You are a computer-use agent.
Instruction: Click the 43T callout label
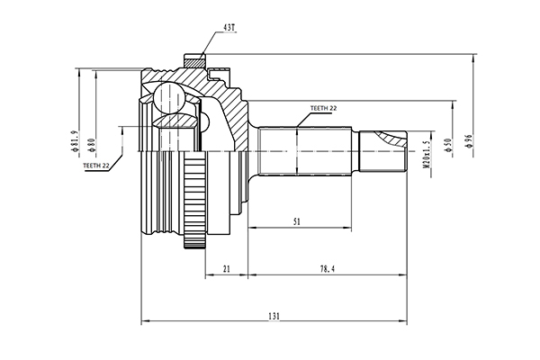tap(229, 28)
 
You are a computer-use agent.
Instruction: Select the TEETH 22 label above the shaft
tap(323, 108)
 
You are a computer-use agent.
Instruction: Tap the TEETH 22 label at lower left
tap(96, 166)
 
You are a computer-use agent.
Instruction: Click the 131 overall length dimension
tap(274, 316)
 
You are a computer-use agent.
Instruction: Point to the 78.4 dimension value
tap(328, 269)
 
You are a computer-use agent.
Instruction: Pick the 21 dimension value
tap(226, 269)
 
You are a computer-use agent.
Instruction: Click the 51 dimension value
tap(296, 222)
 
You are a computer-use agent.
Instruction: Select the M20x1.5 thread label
tap(427, 154)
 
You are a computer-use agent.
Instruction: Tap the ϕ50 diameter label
tap(448, 146)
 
